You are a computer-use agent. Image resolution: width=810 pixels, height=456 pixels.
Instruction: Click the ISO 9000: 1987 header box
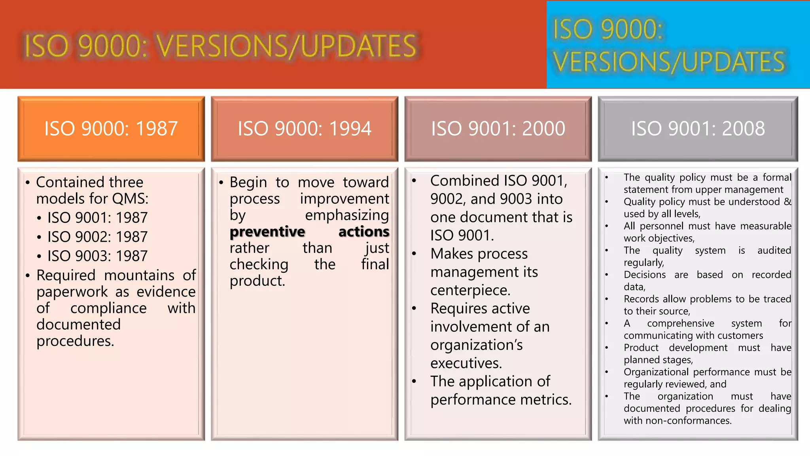click(x=111, y=129)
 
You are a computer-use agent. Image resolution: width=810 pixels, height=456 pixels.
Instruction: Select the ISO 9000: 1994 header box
click(x=304, y=129)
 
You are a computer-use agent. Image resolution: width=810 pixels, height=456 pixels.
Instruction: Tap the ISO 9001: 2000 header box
click(x=498, y=129)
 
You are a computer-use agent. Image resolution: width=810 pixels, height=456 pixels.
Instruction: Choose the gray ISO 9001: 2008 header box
click(x=698, y=129)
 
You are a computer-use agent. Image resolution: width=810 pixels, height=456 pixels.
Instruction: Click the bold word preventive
click(x=267, y=232)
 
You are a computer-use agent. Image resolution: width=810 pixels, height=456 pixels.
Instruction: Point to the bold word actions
click(x=364, y=232)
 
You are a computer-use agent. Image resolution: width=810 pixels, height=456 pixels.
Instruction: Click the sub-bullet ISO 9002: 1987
click(x=97, y=237)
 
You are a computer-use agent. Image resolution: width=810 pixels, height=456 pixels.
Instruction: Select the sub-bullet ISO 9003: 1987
click(x=97, y=256)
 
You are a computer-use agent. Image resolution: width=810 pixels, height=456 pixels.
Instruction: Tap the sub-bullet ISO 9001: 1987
click(x=97, y=218)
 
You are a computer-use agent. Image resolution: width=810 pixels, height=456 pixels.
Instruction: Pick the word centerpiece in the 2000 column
click(x=470, y=291)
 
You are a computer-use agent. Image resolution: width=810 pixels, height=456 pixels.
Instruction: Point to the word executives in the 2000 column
click(x=466, y=363)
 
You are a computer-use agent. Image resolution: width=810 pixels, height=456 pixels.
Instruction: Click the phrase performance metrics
click(x=501, y=400)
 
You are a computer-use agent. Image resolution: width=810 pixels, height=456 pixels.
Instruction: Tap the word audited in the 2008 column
click(x=774, y=251)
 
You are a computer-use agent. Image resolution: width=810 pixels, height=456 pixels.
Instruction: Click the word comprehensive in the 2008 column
click(x=680, y=323)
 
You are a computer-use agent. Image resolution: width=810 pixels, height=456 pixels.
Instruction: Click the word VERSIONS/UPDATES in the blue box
click(x=668, y=62)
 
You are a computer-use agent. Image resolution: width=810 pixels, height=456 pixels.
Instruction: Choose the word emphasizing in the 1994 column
click(x=347, y=215)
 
